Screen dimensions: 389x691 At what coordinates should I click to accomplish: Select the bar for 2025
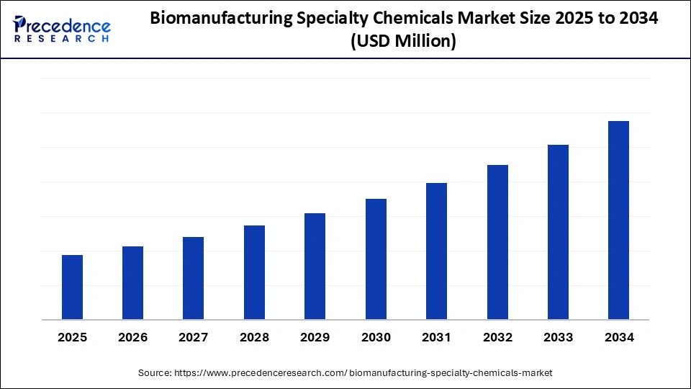pos(72,287)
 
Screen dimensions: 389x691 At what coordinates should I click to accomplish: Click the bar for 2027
pos(193,278)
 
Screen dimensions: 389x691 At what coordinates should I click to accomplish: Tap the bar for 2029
pos(315,266)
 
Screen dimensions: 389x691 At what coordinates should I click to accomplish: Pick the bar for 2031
pos(436,251)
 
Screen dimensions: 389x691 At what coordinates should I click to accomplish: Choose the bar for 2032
pos(497,242)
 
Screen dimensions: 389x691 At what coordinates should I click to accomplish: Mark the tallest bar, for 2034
pos(618,220)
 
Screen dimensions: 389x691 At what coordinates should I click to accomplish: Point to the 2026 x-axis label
pos(132,337)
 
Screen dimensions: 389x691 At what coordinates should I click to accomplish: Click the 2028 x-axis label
pos(254,337)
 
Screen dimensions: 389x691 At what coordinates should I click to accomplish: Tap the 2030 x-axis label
pos(376,337)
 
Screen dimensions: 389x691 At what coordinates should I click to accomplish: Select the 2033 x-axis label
pos(558,337)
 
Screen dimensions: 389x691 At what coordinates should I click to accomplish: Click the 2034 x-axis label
pos(619,337)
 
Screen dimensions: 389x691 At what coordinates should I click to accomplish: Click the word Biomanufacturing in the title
pos(222,19)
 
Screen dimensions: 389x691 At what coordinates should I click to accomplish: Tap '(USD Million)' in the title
pos(403,43)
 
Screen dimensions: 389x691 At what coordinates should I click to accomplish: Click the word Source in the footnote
pos(154,372)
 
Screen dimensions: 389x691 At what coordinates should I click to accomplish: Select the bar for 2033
pos(558,232)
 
